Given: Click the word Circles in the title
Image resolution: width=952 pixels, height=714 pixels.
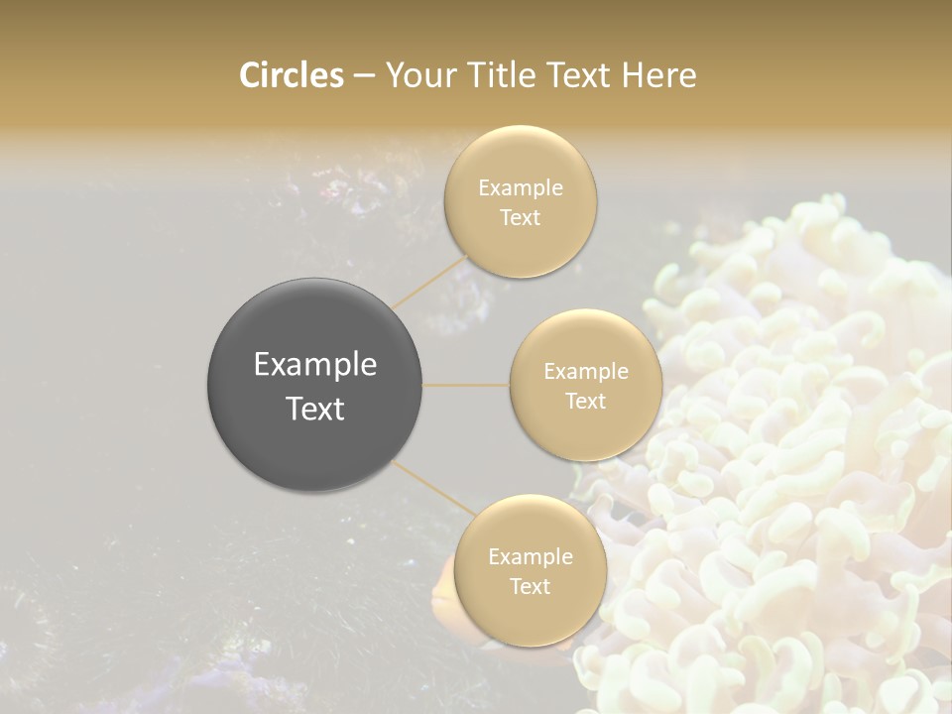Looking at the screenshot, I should (x=291, y=75).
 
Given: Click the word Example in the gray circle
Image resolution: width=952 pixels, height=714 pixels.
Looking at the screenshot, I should (x=314, y=365).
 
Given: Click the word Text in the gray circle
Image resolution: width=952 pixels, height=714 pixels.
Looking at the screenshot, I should (x=314, y=409).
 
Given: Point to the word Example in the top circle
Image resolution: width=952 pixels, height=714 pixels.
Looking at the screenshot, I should (x=520, y=187).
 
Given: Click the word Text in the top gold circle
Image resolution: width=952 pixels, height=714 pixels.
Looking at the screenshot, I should (x=520, y=217).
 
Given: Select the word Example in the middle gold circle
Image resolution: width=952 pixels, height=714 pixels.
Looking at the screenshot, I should (x=586, y=371).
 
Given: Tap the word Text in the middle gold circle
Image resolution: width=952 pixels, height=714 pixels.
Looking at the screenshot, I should (x=586, y=401).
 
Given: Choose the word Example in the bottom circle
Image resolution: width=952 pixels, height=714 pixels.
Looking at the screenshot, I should (x=530, y=556).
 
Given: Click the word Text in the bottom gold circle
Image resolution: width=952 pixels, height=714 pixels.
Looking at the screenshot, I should (x=530, y=586).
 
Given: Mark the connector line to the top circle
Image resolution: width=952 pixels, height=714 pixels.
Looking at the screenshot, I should (x=428, y=281).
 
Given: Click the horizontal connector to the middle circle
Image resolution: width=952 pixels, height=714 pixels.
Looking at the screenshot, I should (x=466, y=384).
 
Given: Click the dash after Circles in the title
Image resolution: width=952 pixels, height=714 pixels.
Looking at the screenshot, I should (x=363, y=76).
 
